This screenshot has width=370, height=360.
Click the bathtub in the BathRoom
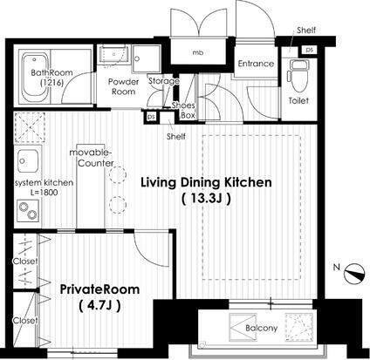(35, 77)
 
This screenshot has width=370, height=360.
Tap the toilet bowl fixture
(297, 76)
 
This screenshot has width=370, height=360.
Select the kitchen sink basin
(28, 161)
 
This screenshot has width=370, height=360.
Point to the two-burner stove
(28, 210)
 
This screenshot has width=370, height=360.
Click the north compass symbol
(354, 274)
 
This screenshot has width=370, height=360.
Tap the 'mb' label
(198, 52)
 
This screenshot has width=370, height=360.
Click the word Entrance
(256, 64)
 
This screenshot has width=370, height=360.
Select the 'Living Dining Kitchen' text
(206, 182)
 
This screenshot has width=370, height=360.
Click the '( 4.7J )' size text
(99, 305)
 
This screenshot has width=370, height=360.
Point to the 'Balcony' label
(261, 328)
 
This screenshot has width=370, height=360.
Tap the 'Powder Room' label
(124, 86)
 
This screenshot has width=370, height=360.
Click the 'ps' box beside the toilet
(310, 50)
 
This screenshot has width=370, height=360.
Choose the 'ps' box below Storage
(151, 117)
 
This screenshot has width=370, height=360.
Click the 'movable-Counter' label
(92, 158)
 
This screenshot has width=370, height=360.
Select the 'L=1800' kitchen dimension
(44, 193)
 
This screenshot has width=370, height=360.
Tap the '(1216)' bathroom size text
(51, 83)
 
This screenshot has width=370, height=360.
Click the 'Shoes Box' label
(183, 111)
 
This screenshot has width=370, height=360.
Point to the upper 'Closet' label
(25, 262)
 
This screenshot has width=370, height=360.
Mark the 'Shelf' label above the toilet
(306, 30)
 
